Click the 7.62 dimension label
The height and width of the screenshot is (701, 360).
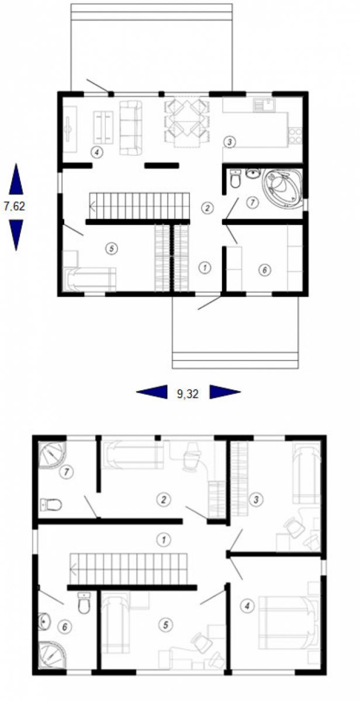point(15,206)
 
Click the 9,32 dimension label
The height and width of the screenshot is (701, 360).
point(188,394)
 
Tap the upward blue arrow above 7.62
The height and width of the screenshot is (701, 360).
point(16,179)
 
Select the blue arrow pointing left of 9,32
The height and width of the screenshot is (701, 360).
point(152,392)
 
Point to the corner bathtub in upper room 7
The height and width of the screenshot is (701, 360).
point(283,187)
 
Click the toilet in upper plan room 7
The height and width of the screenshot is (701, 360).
point(235,179)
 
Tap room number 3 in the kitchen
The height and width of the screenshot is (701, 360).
point(230,142)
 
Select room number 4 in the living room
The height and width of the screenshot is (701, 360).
point(97,152)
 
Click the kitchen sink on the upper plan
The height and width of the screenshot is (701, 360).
point(265,105)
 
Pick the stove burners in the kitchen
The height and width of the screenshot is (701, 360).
point(295,135)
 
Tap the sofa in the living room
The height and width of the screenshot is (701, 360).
point(130,127)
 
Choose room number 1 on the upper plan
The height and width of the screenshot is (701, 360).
point(205,268)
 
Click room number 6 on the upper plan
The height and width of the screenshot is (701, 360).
point(265,270)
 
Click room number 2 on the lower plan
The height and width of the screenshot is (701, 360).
point(164,499)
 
